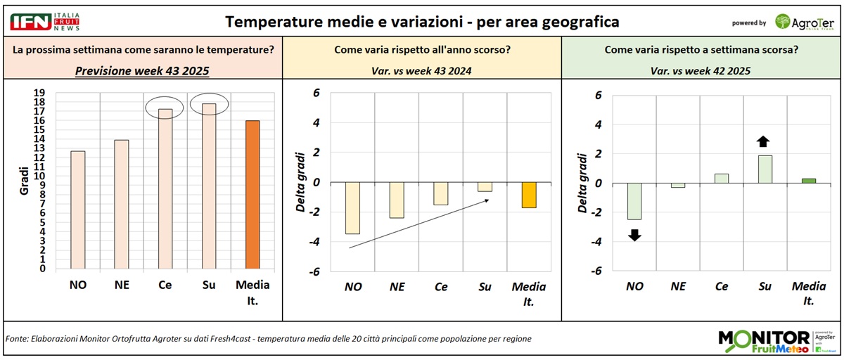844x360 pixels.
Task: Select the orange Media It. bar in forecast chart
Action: (x=252, y=195)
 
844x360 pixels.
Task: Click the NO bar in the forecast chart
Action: (x=78, y=210)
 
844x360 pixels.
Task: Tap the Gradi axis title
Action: (x=23, y=181)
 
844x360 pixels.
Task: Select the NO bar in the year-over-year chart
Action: (x=352, y=208)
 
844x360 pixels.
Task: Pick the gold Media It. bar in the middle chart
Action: (x=529, y=195)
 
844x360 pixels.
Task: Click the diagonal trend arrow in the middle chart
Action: (x=419, y=224)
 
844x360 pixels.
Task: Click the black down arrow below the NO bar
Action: (x=634, y=235)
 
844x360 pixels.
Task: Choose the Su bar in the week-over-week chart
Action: (x=765, y=169)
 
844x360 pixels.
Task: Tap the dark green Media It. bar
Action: (x=809, y=181)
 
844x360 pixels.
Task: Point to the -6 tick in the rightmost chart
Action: (x=597, y=271)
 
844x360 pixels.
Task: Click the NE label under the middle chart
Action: (x=397, y=287)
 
